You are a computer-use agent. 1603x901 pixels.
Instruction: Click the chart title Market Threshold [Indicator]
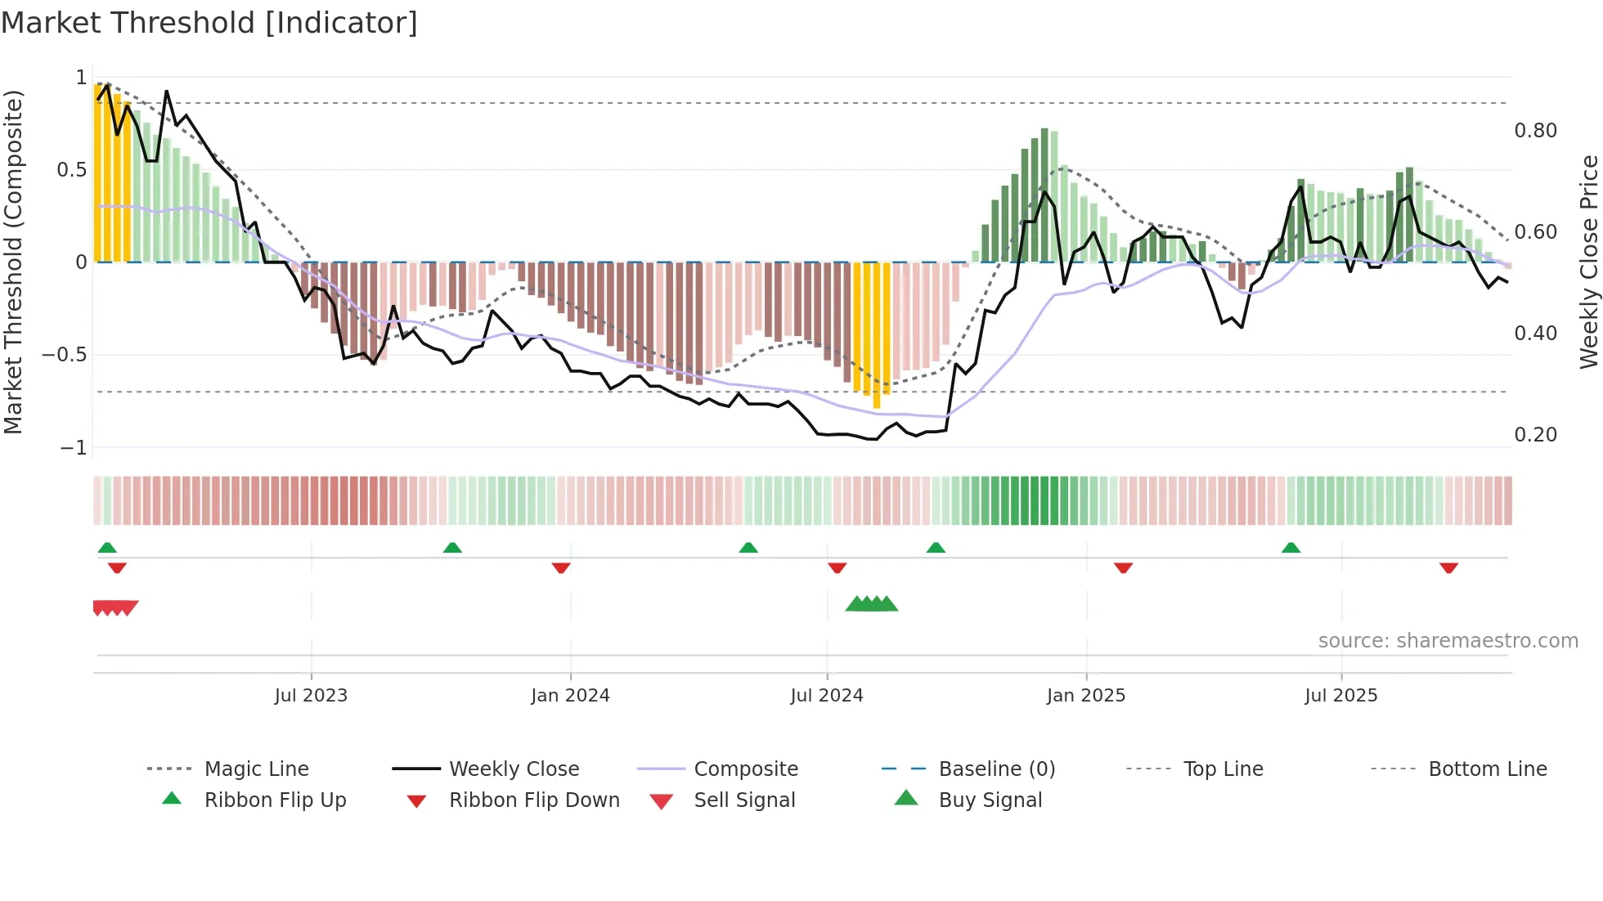[x=209, y=23]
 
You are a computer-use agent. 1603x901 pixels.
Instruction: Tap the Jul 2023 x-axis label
[x=311, y=696]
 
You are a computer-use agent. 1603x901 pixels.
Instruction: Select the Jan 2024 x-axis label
[x=570, y=696]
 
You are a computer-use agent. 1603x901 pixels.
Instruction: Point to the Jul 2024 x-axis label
[x=827, y=696]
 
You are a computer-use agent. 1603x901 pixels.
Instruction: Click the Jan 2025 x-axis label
[x=1086, y=696]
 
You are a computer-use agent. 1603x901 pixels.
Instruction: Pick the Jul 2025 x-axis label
[x=1341, y=696]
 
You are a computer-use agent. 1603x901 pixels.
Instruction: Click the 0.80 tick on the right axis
[x=1535, y=131]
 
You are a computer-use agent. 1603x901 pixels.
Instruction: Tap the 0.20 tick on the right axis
[x=1535, y=435]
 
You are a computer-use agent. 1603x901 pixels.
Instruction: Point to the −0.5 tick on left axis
[x=65, y=355]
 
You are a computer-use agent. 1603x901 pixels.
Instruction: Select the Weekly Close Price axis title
[x=1588, y=262]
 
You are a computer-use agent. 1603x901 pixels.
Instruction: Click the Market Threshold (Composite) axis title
[x=13, y=262]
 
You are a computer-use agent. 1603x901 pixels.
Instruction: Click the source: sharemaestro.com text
[x=1448, y=641]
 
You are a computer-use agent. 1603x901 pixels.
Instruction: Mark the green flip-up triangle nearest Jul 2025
[x=1291, y=548]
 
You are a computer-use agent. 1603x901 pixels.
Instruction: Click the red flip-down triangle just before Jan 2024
[x=561, y=567]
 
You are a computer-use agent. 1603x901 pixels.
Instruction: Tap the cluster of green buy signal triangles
[x=872, y=604]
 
